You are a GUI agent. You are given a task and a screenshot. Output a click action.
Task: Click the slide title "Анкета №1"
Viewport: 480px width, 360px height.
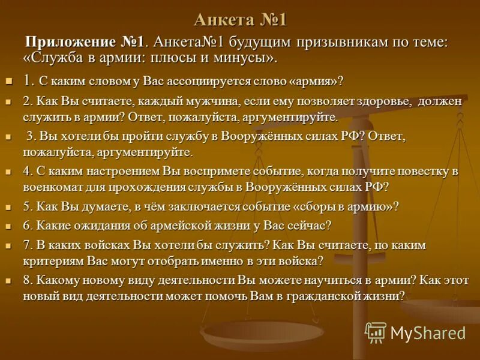click(x=240, y=20)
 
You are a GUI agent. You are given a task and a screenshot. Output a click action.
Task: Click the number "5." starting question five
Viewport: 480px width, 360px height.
click(x=28, y=206)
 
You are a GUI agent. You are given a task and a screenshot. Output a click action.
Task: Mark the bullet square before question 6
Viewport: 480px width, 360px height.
click(x=8, y=227)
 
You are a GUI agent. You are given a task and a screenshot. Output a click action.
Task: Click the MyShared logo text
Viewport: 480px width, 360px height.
click(x=428, y=332)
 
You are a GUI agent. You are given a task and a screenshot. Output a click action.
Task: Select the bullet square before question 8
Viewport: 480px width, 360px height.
click(x=8, y=281)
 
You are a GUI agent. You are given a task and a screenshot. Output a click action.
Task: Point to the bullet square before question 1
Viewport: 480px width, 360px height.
click(x=8, y=80)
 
